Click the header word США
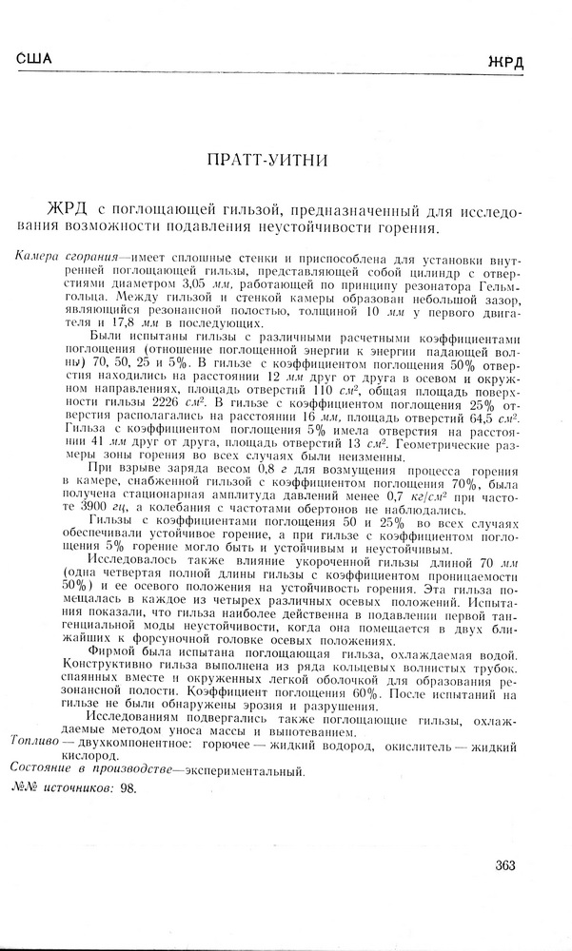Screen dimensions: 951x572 click(34, 59)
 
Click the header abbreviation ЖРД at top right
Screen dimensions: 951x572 click(505, 64)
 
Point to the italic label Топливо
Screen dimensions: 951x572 click(30, 740)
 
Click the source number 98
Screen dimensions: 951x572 click(128, 788)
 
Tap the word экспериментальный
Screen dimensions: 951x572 click(247, 770)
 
